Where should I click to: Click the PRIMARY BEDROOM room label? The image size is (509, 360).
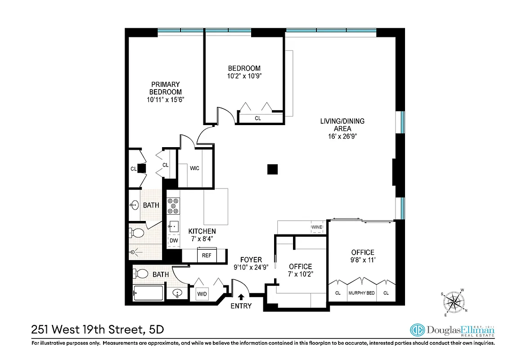(166, 88)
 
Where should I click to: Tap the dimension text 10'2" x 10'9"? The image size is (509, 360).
(244, 76)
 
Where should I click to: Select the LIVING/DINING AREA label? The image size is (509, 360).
(342, 125)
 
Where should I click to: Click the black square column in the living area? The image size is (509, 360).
(272, 169)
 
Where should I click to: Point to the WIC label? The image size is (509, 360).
(194, 169)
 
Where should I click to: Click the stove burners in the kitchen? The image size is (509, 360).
(173, 206)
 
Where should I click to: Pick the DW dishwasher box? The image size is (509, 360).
(173, 241)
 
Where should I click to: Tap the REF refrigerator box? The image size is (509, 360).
(207, 255)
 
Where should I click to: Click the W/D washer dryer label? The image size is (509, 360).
(201, 294)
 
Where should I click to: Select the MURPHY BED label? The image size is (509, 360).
(361, 293)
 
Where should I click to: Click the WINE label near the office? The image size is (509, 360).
(316, 228)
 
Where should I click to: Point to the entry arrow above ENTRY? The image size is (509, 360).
(241, 297)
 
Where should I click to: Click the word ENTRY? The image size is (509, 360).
(241, 306)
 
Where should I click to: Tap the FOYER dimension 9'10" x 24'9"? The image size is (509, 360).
(251, 267)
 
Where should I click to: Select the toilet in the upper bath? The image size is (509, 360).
(137, 233)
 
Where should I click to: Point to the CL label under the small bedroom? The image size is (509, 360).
(258, 119)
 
